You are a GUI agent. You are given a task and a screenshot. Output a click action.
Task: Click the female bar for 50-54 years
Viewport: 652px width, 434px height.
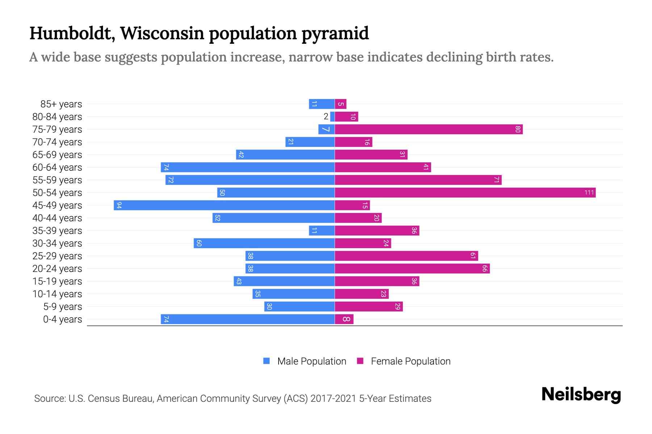[465, 193]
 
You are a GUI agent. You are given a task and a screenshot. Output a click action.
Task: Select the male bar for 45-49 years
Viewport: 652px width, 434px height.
[224, 205]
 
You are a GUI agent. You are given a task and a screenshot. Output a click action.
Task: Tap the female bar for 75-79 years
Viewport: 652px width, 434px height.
[429, 129]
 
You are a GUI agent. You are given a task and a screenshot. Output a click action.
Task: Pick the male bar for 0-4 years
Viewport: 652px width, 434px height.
[247, 319]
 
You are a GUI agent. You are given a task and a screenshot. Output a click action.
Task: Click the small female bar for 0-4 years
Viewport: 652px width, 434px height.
[344, 319]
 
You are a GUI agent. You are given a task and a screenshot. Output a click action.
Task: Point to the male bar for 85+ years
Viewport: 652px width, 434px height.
[322, 104]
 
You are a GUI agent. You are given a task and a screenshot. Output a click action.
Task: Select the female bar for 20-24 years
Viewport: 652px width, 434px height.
[412, 269]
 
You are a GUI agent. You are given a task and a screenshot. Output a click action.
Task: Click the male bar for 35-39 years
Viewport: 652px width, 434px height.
[322, 231]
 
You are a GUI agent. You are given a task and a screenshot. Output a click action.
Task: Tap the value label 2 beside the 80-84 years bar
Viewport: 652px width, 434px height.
[326, 116]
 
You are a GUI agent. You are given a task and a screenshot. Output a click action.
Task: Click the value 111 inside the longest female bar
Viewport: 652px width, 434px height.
[589, 193]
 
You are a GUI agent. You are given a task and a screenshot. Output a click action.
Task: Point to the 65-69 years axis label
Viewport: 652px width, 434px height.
[57, 155]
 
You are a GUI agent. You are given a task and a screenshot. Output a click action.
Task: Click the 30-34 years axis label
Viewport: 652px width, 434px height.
[57, 243]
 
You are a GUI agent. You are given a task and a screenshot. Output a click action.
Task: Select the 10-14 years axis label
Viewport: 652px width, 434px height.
[57, 294]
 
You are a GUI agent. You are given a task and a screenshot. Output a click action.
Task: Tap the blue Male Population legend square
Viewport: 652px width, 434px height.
[267, 361]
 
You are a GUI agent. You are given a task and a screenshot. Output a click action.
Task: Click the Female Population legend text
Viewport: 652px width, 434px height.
[410, 361]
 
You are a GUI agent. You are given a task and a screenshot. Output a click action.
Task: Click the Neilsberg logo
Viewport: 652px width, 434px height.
[581, 395]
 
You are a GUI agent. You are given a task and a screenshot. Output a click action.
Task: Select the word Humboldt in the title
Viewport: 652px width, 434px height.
[72, 34]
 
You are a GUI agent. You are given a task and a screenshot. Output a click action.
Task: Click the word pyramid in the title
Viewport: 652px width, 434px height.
[335, 34]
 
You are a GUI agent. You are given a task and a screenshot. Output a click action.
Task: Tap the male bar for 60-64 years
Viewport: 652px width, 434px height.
[247, 167]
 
